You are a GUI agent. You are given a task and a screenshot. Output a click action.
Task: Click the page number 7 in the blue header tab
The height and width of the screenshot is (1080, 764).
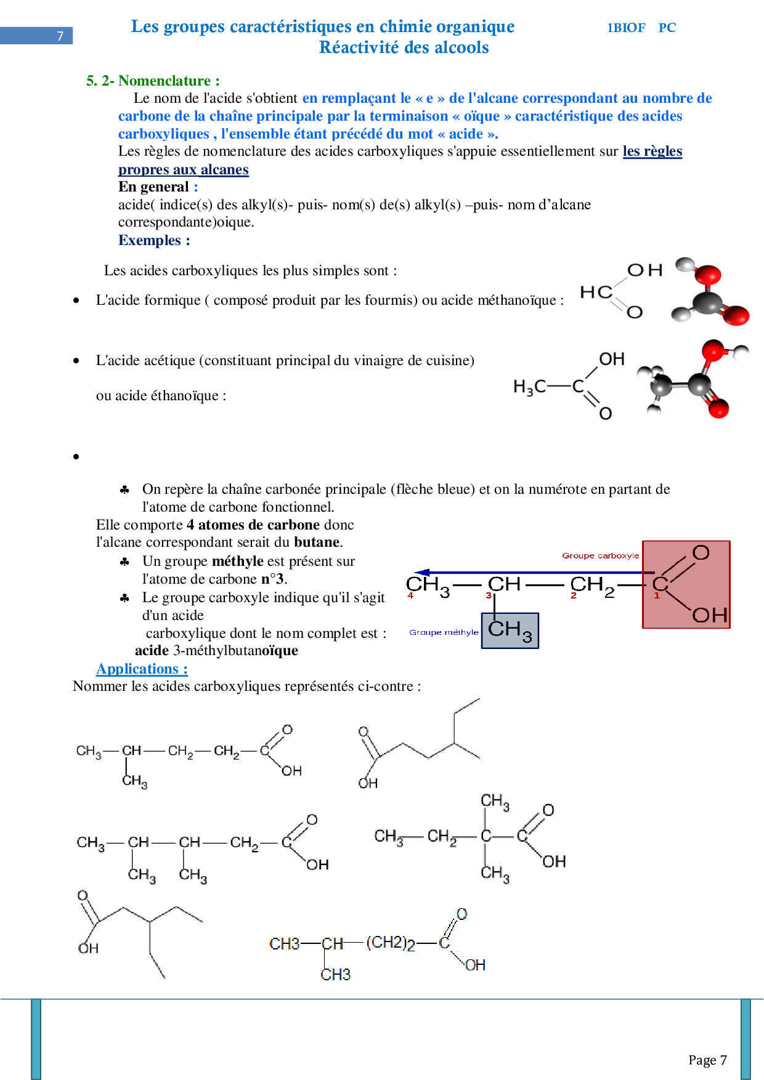click(60, 36)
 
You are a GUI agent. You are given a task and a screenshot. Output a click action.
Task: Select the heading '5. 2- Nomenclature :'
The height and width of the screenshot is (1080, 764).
click(153, 81)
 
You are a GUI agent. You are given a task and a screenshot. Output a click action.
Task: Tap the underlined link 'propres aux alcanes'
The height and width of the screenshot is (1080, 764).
click(183, 169)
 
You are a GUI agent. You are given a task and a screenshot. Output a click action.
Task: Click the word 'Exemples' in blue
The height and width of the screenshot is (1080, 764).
click(150, 240)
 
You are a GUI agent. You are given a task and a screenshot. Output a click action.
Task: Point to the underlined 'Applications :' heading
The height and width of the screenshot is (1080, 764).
click(142, 669)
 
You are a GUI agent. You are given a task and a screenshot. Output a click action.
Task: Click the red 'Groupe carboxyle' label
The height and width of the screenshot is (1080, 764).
click(600, 555)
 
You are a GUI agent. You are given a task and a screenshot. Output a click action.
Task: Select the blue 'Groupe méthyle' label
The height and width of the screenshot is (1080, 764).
click(444, 632)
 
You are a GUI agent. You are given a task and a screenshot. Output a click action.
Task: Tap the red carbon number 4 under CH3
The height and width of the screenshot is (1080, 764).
click(410, 595)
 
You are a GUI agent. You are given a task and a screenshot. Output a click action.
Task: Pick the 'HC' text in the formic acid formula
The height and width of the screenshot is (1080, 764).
click(595, 292)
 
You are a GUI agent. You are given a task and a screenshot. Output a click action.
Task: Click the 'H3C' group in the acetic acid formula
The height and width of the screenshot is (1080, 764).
click(529, 387)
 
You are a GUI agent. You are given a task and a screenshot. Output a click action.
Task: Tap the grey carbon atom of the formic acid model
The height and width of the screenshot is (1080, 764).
click(707, 302)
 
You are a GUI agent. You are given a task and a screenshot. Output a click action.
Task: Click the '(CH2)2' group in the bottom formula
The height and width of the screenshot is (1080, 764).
click(391, 943)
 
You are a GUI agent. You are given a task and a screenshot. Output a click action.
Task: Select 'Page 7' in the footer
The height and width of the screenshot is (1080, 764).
click(707, 1060)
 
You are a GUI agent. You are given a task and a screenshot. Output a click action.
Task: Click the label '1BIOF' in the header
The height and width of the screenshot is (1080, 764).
click(626, 28)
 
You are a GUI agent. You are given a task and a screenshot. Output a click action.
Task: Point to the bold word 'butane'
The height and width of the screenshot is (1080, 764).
click(317, 542)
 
